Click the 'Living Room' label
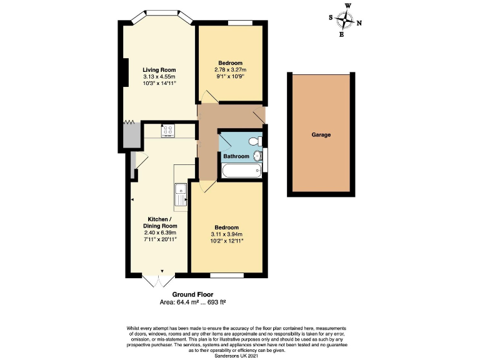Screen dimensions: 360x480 point(159,69)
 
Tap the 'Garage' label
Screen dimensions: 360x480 point(321,134)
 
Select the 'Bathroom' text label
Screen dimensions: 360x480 point(237,156)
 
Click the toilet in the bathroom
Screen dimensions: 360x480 point(254,140)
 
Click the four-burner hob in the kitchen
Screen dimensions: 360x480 point(168,131)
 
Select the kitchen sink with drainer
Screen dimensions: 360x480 point(181,193)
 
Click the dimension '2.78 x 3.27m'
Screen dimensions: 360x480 point(230,69)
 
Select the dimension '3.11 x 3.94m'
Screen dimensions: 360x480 point(226,234)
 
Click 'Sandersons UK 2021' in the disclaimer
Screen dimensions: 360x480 point(239,355)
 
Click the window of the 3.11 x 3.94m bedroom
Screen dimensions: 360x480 point(226,275)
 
